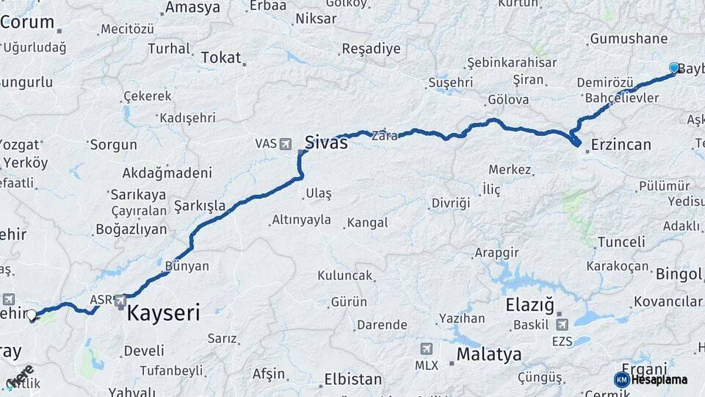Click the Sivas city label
(326, 142)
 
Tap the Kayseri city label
(163, 313)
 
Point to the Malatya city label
(489, 354)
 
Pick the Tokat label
(220, 57)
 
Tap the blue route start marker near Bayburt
(674, 68)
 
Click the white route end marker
(32, 315)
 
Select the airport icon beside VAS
(286, 143)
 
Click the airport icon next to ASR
(119, 300)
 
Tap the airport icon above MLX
(427, 348)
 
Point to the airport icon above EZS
(562, 324)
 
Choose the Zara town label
(385, 136)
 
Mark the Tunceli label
(621, 242)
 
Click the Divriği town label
(450, 203)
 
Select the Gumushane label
(629, 39)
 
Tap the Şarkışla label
(200, 206)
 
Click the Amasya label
(192, 8)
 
